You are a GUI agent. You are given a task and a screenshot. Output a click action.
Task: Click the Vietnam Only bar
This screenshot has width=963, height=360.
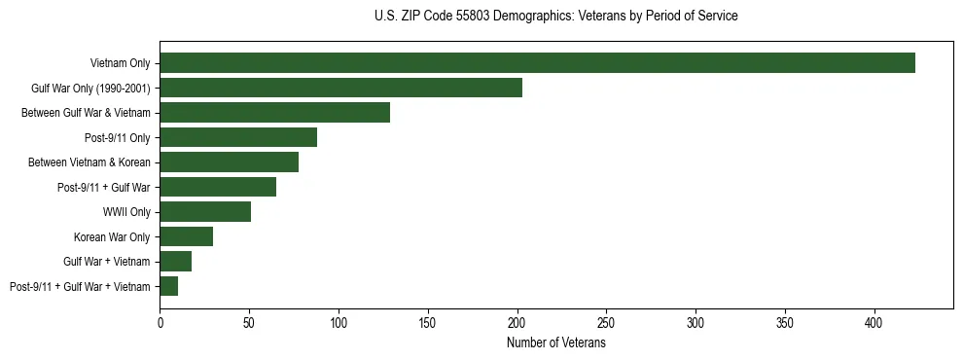(x=537, y=63)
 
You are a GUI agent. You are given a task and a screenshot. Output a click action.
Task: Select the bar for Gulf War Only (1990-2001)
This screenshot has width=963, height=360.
(x=340, y=88)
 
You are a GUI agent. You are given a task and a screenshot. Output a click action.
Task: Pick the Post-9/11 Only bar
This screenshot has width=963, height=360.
(x=238, y=137)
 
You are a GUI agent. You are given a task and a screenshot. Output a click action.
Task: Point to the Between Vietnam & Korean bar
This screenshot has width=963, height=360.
(x=229, y=162)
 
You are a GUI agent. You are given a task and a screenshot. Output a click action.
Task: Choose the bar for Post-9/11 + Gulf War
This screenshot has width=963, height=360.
(x=218, y=187)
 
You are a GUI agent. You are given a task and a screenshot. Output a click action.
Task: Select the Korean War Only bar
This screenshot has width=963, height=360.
(x=186, y=236)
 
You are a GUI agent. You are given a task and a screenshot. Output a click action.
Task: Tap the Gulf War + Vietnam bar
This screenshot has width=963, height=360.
(x=175, y=262)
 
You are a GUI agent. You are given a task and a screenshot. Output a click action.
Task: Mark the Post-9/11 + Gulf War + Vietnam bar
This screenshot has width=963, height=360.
(x=168, y=286)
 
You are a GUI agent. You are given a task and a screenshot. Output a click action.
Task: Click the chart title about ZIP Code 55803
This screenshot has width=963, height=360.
(x=555, y=17)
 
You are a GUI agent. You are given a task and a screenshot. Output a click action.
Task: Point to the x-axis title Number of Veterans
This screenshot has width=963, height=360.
(x=555, y=343)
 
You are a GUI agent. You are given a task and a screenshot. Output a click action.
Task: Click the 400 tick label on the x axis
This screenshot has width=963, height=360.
(x=874, y=321)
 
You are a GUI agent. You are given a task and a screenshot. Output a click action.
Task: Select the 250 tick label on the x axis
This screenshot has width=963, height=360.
(x=606, y=321)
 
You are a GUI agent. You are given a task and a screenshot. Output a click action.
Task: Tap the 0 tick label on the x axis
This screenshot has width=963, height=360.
(x=160, y=321)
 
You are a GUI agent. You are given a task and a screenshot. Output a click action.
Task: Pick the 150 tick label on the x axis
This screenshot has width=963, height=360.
(x=428, y=321)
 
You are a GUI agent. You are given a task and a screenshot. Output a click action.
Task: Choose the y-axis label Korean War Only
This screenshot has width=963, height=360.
(x=112, y=236)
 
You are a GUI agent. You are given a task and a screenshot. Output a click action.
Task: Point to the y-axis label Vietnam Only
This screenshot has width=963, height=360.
(x=120, y=63)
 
